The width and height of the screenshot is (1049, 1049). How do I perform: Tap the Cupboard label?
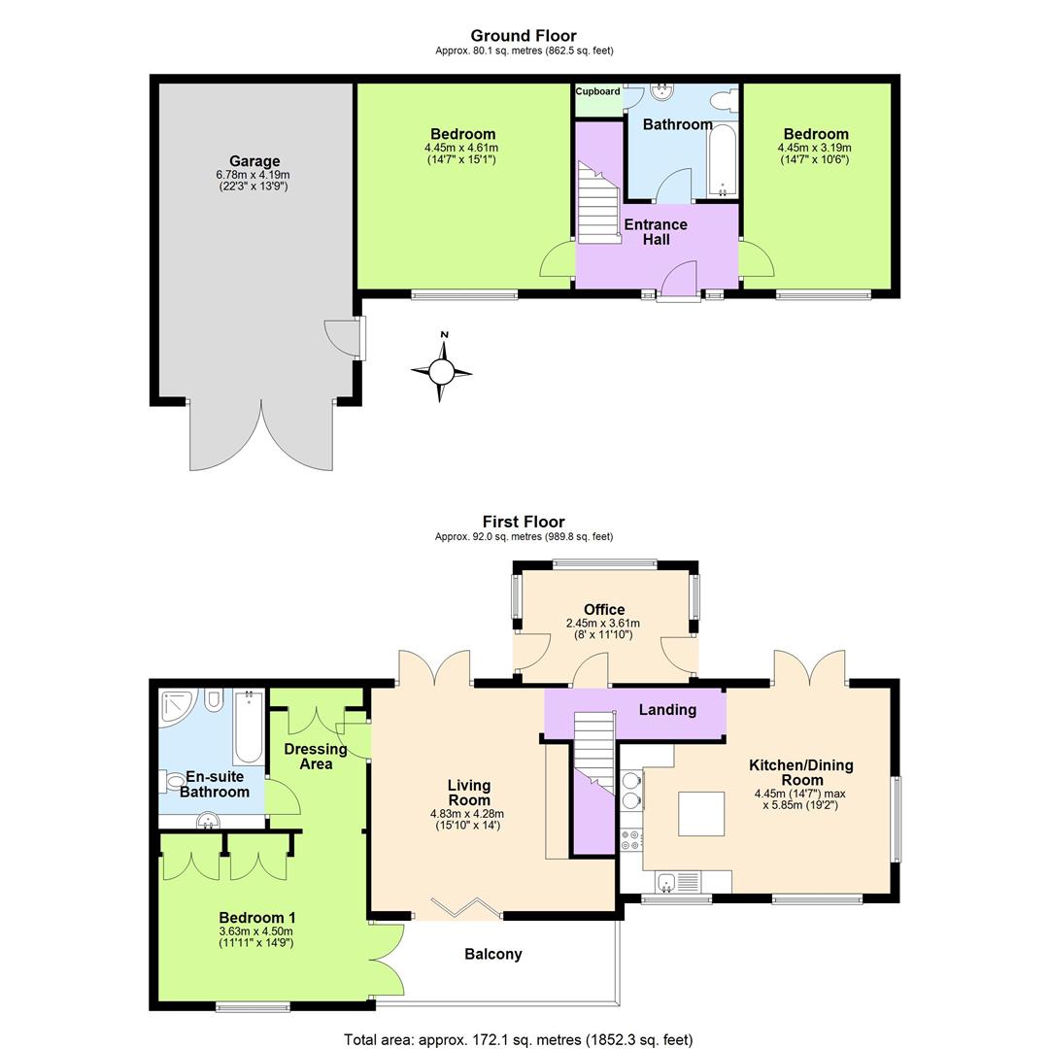[597, 92]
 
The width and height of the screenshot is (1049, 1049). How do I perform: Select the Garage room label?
[254, 161]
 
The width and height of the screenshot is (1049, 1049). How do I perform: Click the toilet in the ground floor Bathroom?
[722, 100]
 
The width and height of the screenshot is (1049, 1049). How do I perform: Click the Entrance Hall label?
[656, 232]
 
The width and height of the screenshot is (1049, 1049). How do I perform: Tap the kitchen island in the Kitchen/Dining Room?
[701, 814]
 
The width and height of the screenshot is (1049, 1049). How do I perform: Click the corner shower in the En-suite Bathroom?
[179, 708]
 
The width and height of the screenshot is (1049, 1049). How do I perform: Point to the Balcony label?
[493, 955]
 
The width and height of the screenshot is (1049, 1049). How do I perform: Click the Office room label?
[604, 610]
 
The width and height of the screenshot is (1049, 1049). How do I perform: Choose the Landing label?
[667, 710]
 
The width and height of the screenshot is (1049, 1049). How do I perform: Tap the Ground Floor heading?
[524, 36]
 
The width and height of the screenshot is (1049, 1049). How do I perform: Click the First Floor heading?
[524, 522]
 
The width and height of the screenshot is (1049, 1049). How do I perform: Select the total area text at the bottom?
[519, 1040]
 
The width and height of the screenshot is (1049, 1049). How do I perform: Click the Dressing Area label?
[316, 757]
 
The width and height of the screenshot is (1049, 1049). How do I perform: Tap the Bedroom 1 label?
[257, 918]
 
